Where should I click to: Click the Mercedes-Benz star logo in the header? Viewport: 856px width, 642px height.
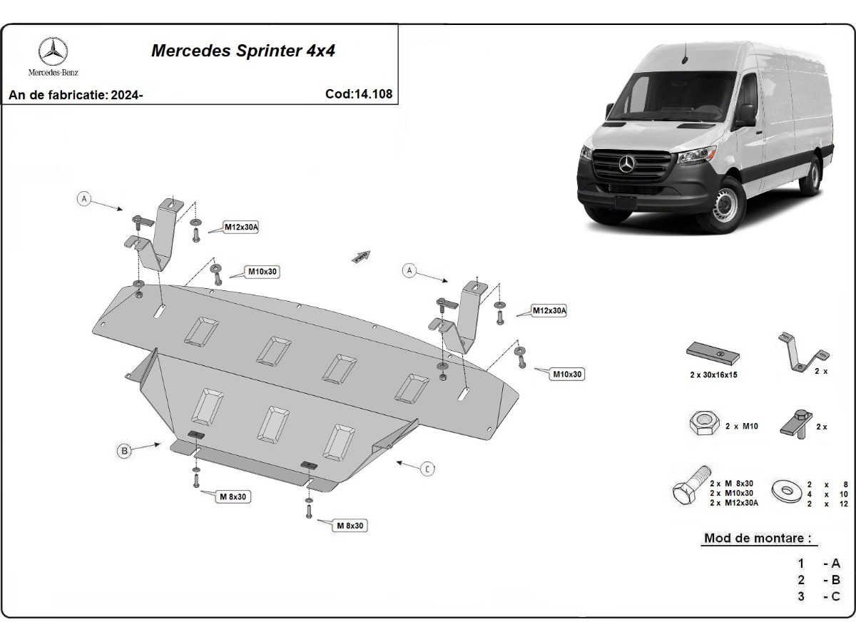(53, 51)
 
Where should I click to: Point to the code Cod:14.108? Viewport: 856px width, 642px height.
(358, 93)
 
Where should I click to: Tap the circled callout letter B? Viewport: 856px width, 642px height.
(125, 451)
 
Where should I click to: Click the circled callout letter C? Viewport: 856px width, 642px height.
(427, 469)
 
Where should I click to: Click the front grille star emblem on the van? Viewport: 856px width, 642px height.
(627, 165)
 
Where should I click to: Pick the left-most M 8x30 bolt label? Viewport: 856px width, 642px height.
(233, 497)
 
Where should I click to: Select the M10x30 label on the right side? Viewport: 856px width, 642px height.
(567, 374)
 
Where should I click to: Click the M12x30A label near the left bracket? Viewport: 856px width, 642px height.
(241, 228)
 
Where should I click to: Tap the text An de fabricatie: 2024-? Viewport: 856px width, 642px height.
(76, 94)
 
